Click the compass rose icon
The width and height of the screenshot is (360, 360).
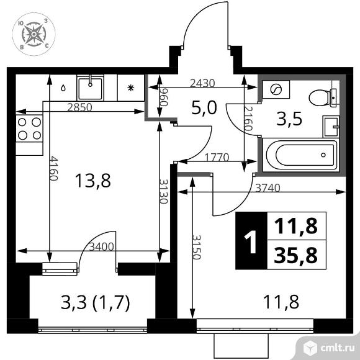coord(32,33)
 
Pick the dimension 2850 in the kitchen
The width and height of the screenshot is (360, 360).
coord(79,107)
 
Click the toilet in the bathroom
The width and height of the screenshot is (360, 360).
coord(322,96)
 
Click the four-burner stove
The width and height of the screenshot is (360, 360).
coord(29,128)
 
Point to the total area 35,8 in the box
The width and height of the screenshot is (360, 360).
coord(295,254)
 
